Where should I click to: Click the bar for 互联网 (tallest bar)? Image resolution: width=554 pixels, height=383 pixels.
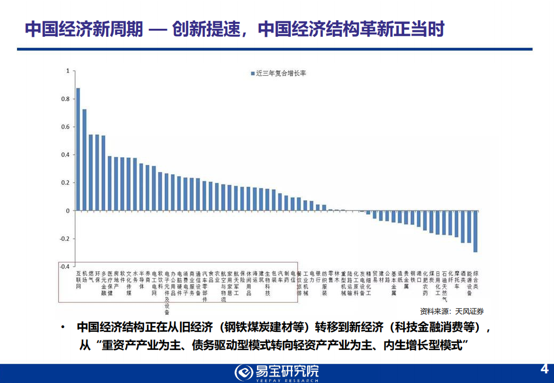[x=78, y=149]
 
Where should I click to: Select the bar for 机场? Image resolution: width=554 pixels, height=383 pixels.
[x=84, y=160]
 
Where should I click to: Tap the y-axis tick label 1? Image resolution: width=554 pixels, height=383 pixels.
[x=67, y=71]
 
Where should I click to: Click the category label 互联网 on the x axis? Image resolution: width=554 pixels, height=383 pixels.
[x=78, y=279]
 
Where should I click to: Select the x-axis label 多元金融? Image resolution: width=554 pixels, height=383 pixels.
[x=103, y=282]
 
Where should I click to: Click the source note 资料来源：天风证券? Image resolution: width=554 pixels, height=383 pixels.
[x=452, y=311]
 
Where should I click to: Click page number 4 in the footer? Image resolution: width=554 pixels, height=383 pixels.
[x=544, y=369]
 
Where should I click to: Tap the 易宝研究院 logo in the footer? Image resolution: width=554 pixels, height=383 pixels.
[x=277, y=372]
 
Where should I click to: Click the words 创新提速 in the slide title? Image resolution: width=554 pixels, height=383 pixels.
[x=207, y=29]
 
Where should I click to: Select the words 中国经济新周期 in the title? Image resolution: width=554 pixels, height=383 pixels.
[x=84, y=29]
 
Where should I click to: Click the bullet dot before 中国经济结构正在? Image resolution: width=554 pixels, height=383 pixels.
[x=63, y=327]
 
